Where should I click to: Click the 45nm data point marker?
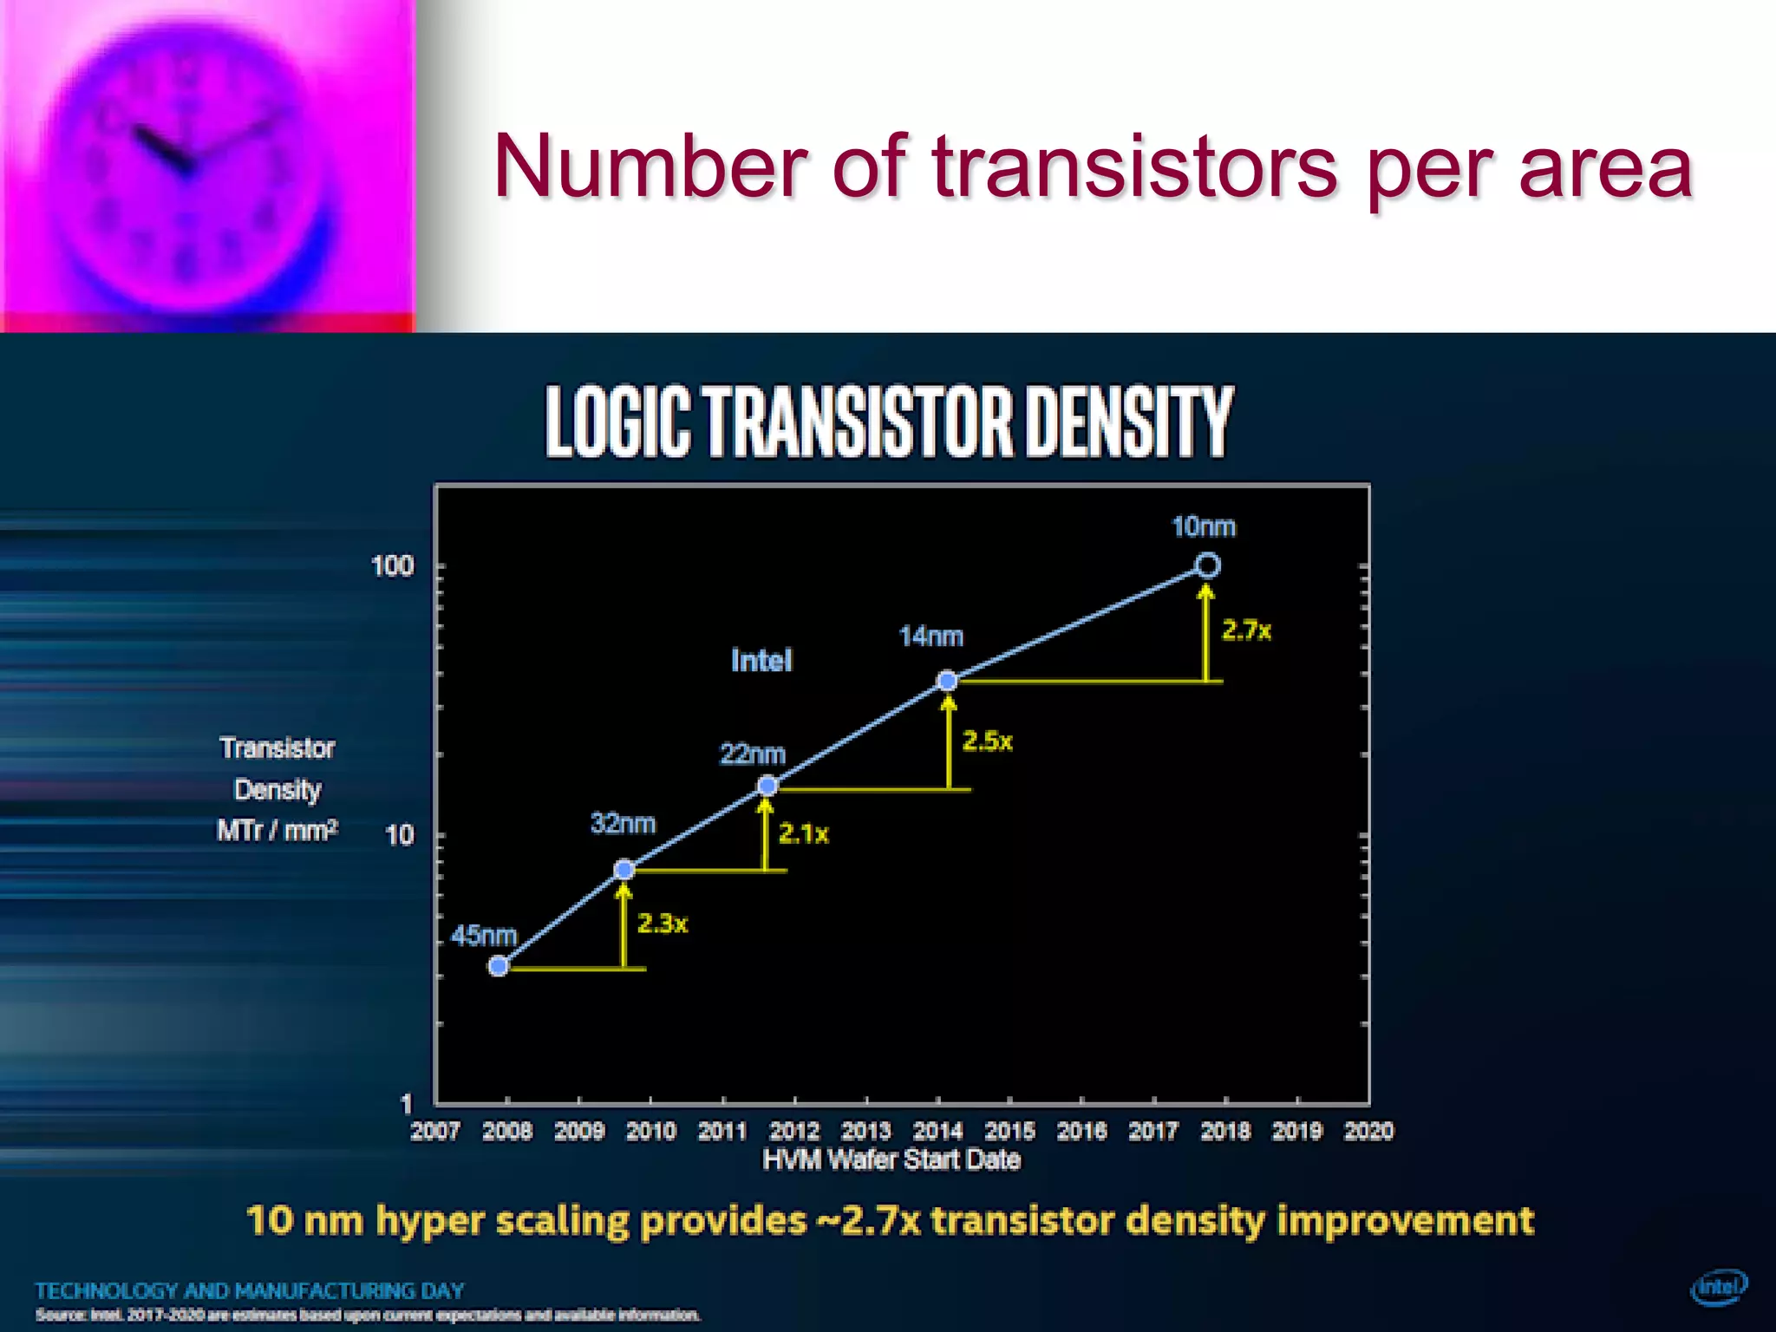(x=499, y=966)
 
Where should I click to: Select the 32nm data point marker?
(x=624, y=869)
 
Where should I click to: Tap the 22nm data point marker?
(x=767, y=786)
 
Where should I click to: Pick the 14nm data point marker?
(x=948, y=681)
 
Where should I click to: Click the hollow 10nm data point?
(x=1207, y=565)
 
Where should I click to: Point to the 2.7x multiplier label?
(x=1246, y=630)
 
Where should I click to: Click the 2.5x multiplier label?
(x=987, y=741)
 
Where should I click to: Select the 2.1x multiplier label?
(x=803, y=834)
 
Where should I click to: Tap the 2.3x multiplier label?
(x=663, y=924)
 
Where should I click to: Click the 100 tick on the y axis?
(x=393, y=566)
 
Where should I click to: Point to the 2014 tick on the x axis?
(x=938, y=1131)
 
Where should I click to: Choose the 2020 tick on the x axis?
(x=1368, y=1131)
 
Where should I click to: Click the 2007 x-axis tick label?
(x=435, y=1131)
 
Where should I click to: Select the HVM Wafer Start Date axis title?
(x=891, y=1160)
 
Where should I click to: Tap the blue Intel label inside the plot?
(x=761, y=661)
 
